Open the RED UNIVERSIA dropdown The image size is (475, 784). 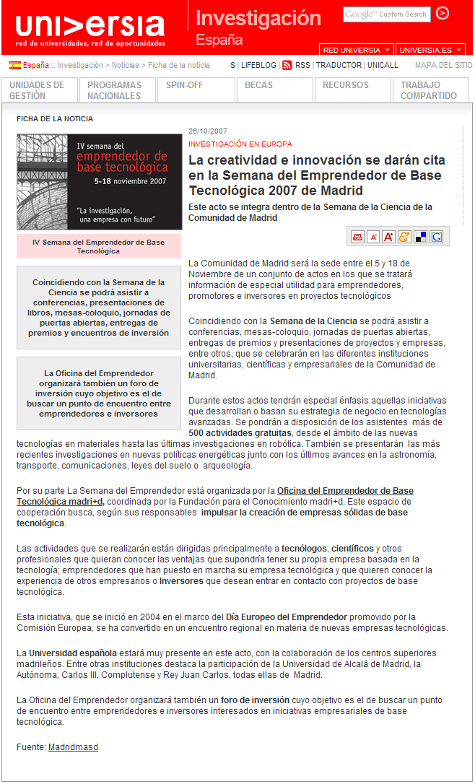coord(357,50)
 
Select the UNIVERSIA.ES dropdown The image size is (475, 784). coord(430,50)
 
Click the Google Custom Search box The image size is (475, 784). coord(386,14)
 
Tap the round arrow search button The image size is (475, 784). coord(443,13)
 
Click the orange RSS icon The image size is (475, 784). coord(287,65)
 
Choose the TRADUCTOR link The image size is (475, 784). coord(339,65)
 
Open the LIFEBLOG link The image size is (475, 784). coord(258,65)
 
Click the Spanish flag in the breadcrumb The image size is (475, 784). coord(14,65)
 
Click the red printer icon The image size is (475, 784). coord(357,237)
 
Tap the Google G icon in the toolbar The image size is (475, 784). coord(436,237)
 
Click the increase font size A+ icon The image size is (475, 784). coord(388,237)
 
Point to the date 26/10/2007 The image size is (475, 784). coord(208,131)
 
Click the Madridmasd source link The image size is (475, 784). coord(73,747)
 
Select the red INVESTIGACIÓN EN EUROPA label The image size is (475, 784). coord(240,144)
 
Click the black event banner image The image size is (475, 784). coord(99,182)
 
